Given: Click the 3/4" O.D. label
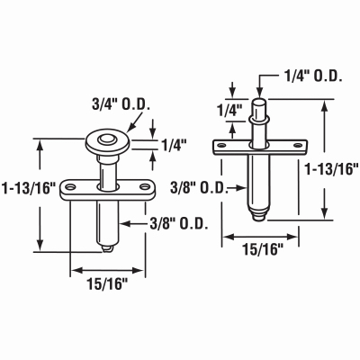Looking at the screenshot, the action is [x=121, y=105].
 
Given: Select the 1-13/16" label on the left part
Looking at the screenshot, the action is [x=29, y=189].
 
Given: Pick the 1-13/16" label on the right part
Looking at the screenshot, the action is [x=331, y=169].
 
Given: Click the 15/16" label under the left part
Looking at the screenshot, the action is [x=108, y=283].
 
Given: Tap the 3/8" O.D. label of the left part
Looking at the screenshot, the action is [x=179, y=223].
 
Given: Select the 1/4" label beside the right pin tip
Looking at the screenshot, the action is [x=229, y=110].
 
